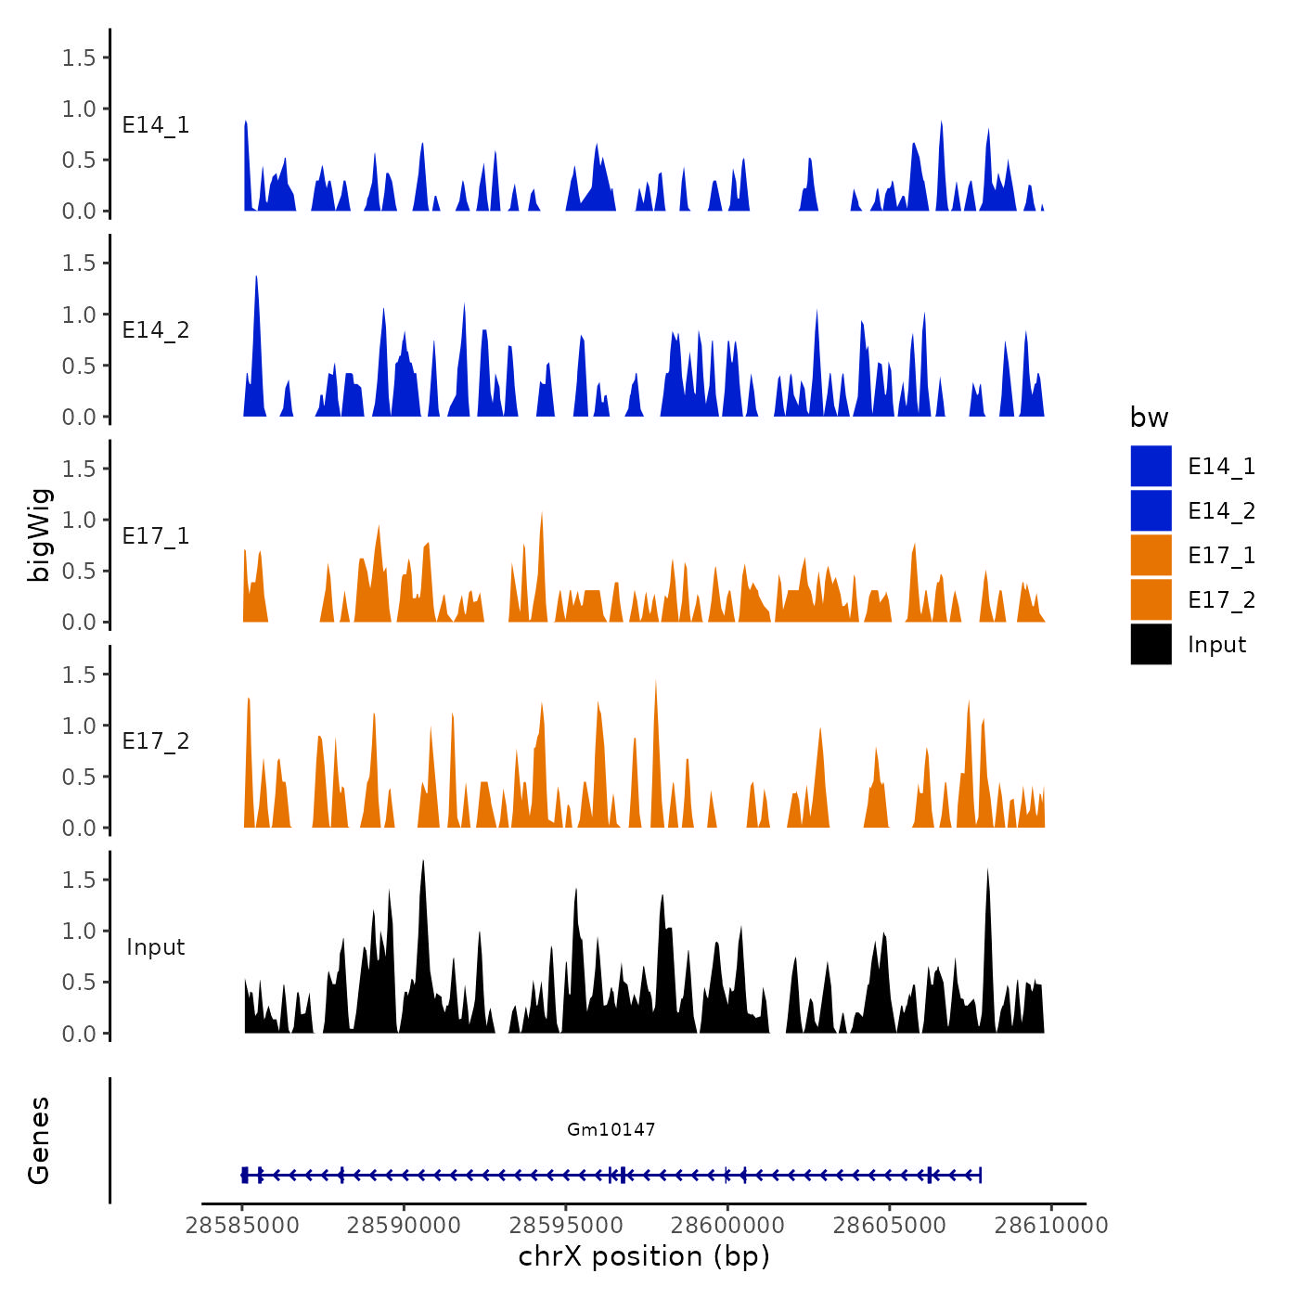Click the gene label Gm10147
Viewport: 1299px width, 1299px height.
click(611, 1129)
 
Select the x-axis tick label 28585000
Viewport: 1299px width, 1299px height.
click(242, 1226)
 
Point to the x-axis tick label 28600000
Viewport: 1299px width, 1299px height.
click(727, 1226)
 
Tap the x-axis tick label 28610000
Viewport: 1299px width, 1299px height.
click(1051, 1226)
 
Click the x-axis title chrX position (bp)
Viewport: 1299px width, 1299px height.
click(644, 1256)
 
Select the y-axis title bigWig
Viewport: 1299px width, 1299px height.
click(39, 535)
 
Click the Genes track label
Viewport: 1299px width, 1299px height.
click(39, 1140)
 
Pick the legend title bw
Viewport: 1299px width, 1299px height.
click(1149, 418)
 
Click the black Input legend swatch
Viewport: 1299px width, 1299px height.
click(1151, 645)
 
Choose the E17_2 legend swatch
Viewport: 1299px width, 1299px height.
click(1151, 600)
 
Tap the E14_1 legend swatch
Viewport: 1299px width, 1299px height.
click(1151, 466)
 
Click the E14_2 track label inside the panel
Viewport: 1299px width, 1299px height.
click(156, 330)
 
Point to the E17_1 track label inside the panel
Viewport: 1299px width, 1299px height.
click(156, 536)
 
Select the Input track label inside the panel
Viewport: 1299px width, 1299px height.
click(156, 947)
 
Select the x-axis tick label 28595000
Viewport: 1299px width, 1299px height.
click(566, 1226)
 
